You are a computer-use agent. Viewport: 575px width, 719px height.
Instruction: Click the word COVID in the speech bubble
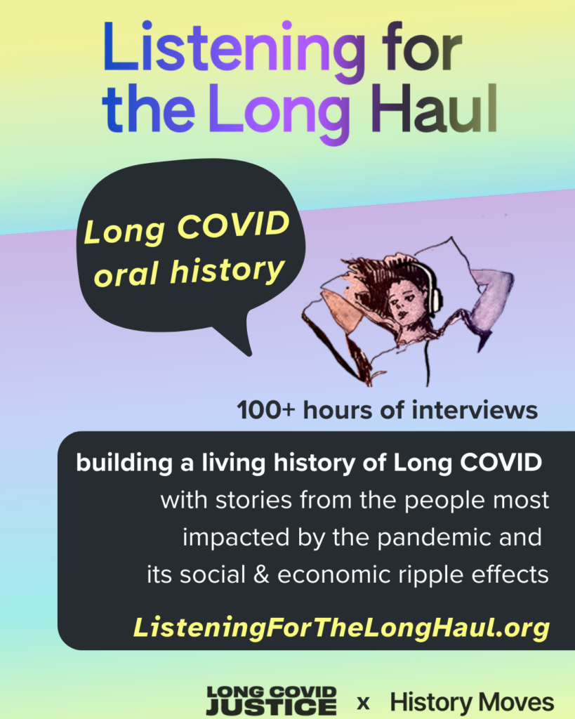click(242, 225)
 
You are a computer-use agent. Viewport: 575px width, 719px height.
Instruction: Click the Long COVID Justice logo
click(271, 700)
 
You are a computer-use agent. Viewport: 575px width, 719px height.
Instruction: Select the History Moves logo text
click(472, 701)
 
